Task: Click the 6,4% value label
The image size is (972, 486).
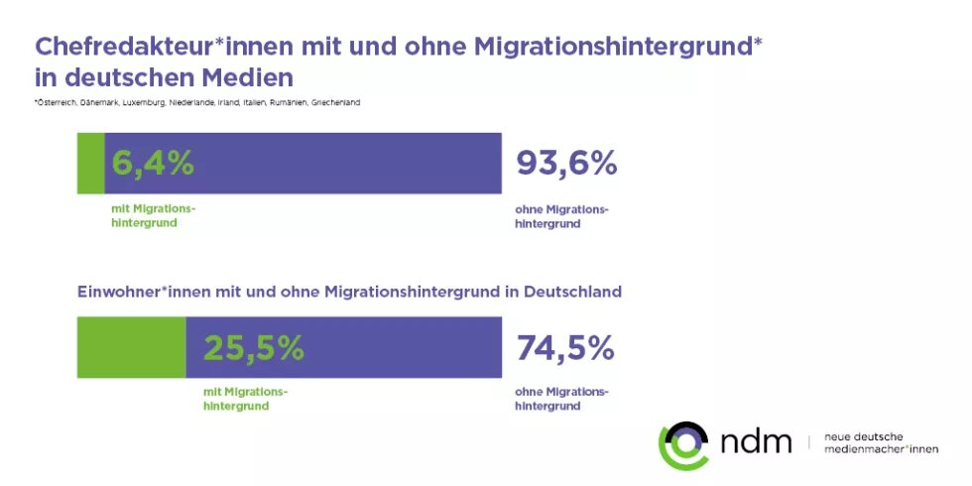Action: pyautogui.click(x=153, y=164)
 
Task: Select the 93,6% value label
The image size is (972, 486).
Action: pyautogui.click(x=566, y=164)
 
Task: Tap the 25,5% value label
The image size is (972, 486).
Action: pyautogui.click(x=254, y=348)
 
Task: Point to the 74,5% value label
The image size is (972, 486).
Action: pyautogui.click(x=565, y=348)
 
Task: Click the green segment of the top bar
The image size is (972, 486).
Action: pyautogui.click(x=90, y=164)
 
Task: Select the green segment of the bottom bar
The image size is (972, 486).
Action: pyautogui.click(x=131, y=348)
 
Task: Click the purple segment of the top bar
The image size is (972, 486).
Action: pyautogui.click(x=347, y=164)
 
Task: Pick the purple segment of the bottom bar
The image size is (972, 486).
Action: pyautogui.click(x=397, y=348)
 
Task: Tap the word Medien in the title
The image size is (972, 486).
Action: pyautogui.click(x=248, y=76)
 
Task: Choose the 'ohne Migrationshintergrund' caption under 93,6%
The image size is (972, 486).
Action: pyautogui.click(x=561, y=216)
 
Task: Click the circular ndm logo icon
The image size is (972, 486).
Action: pyautogui.click(x=683, y=443)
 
